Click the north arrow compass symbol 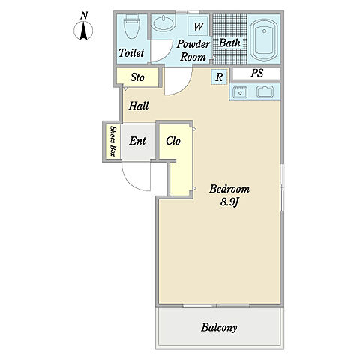click(83, 31)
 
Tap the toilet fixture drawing click(132, 26)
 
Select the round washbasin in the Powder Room click(163, 23)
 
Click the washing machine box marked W click(198, 26)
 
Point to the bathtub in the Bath click(264, 40)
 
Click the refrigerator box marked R click(219, 76)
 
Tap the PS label click(257, 73)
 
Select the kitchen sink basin click(240, 92)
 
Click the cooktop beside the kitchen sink click(265, 91)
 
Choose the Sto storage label click(137, 77)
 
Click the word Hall click(139, 106)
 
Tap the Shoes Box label click(113, 141)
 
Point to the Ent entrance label click(137, 141)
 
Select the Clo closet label click(173, 141)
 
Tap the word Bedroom click(229, 189)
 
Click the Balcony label click(219, 328)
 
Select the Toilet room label click(131, 53)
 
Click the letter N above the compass click(84, 16)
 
